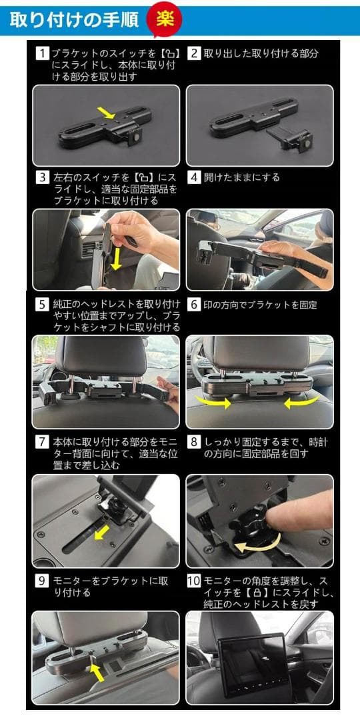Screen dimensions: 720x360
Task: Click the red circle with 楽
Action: pos(165,19)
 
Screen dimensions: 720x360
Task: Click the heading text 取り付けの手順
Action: pos(74,20)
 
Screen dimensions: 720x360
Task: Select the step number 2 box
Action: pos(193,53)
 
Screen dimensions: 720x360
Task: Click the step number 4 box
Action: pos(193,178)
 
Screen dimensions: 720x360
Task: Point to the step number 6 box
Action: pos(193,305)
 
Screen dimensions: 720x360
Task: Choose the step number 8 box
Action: pos(193,442)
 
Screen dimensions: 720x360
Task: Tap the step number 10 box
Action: pos(193,581)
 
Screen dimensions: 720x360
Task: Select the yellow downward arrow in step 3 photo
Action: pos(117,257)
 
